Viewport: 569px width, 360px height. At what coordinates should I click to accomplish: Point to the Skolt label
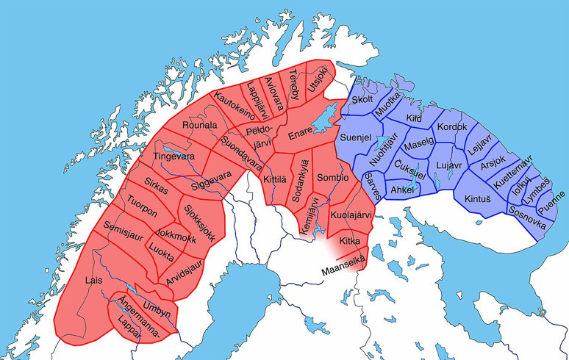tap(363, 100)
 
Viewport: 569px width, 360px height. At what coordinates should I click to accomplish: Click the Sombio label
tap(332, 178)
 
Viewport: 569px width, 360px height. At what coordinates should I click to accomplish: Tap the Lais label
tap(93, 280)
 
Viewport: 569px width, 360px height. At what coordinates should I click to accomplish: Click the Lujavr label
tap(448, 168)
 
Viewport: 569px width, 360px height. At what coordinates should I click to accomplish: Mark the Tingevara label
tap(173, 156)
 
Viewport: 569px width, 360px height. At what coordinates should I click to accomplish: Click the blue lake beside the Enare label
tap(323, 115)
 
